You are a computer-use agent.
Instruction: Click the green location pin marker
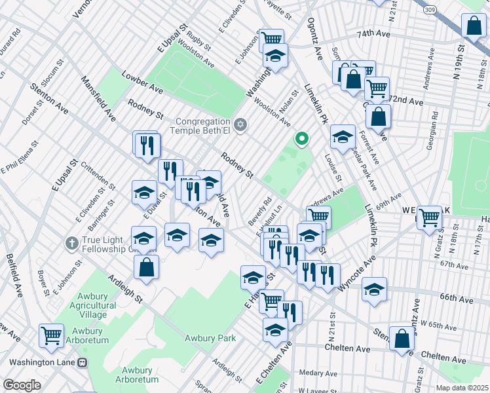point(301,138)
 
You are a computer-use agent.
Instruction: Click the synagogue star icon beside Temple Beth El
point(240,124)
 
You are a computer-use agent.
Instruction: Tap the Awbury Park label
point(210,338)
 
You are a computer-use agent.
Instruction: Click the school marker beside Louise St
point(342,136)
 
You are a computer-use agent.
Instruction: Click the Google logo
point(22,385)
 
